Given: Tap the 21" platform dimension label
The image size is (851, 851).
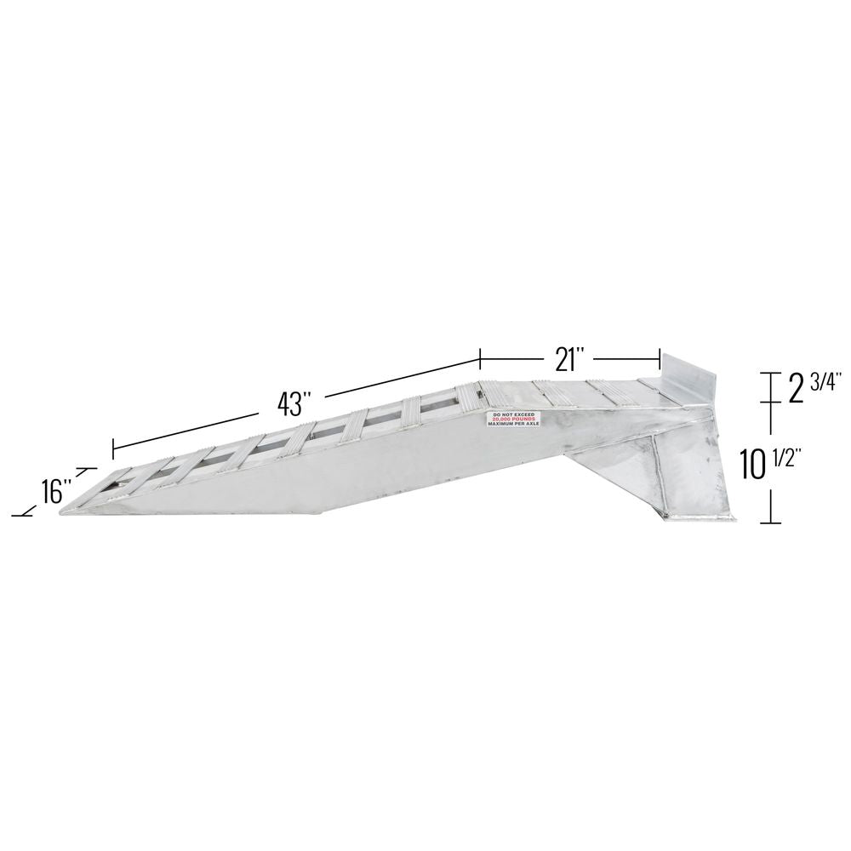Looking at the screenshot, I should (568, 360).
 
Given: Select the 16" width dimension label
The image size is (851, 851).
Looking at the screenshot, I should (55, 490).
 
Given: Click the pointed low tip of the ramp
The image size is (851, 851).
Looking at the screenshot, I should (64, 511).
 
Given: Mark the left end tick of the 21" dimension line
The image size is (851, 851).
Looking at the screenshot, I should (481, 358).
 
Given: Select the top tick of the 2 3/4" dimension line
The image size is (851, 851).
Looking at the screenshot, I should (771, 373).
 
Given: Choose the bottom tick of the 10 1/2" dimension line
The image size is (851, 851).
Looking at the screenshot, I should (771, 522).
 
